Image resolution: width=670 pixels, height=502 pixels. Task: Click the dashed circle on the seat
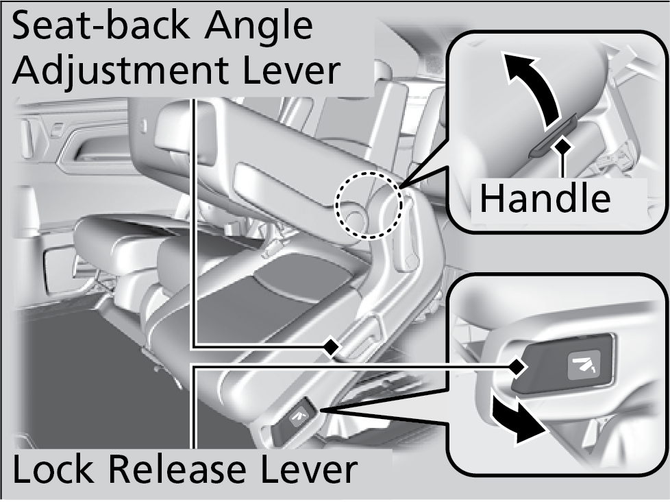coord(368,204)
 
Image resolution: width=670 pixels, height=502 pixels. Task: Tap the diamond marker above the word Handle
coord(562,145)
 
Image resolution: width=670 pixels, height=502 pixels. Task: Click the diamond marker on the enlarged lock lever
coord(516,368)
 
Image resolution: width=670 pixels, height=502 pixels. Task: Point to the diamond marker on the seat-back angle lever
coord(332,347)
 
